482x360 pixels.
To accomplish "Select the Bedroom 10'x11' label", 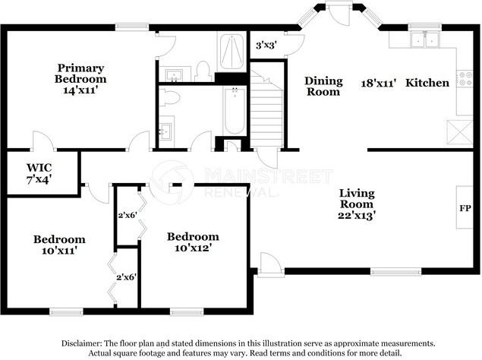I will pos(58,245).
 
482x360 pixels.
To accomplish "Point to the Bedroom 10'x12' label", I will pos(193,242).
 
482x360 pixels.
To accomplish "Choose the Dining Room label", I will pos(323,86).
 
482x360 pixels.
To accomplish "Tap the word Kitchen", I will pos(427,82).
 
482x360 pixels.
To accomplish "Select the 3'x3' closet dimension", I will pos(266,45).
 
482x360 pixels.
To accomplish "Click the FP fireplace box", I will pos(465,207).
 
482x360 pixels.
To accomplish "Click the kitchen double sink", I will pos(424,40).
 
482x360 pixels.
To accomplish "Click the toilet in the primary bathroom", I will pos(202,71).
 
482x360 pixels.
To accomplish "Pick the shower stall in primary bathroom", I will pos(228,52).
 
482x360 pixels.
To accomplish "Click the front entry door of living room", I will pos(267,264).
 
